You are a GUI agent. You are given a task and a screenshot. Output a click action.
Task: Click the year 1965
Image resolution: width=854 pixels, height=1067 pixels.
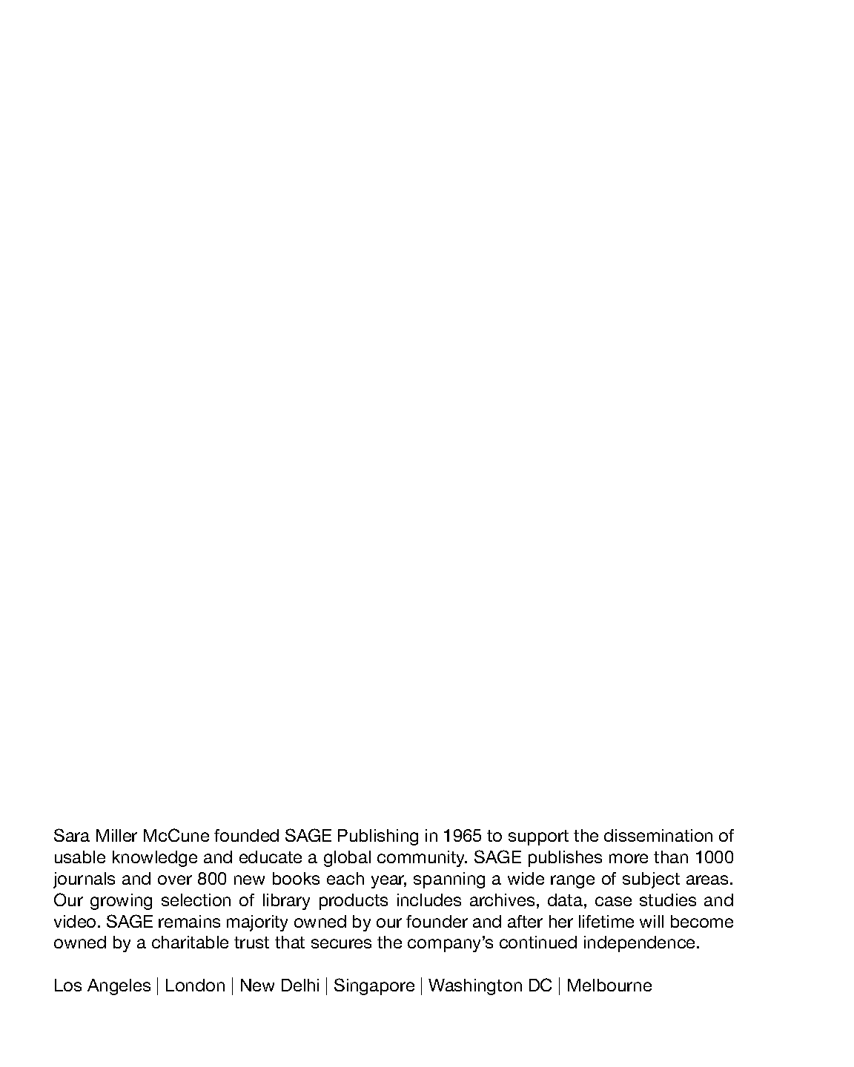pyautogui.click(x=462, y=836)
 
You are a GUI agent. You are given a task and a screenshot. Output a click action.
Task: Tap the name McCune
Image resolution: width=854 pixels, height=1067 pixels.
pyautogui.click(x=176, y=836)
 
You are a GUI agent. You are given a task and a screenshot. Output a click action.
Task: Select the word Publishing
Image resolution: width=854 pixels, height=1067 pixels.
pyautogui.click(x=378, y=836)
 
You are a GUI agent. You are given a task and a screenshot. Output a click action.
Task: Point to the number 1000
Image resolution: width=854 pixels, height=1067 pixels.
pyautogui.click(x=714, y=857)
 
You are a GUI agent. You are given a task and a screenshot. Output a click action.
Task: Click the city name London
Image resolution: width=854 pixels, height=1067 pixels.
pyautogui.click(x=195, y=985)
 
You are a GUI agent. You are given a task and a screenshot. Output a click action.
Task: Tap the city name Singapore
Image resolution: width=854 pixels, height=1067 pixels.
pyautogui.click(x=374, y=985)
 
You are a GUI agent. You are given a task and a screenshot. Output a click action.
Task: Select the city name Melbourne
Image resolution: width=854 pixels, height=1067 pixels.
pyautogui.click(x=609, y=985)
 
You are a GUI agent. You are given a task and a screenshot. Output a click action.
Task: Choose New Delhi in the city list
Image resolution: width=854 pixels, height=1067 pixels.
pyautogui.click(x=279, y=985)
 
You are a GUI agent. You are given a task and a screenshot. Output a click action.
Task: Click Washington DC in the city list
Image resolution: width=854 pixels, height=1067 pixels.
pyautogui.click(x=490, y=985)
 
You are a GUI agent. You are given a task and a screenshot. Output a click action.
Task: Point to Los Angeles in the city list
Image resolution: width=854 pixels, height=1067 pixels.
pyautogui.click(x=102, y=985)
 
